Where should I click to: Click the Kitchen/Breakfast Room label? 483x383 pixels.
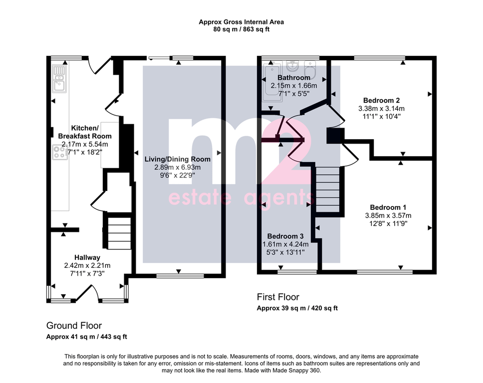pos(85,132)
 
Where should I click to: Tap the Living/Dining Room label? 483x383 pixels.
pos(178,159)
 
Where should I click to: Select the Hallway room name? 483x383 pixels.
pos(87,257)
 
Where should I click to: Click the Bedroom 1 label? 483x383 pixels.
pos(388,207)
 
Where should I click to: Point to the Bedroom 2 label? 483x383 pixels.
pos(381,100)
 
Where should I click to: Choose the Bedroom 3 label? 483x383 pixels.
pos(285,236)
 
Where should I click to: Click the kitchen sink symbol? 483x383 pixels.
pos(59,79)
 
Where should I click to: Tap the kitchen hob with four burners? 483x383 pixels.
pos(60,152)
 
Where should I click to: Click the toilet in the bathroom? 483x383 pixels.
pos(310,69)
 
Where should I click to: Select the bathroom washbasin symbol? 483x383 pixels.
pos(292,65)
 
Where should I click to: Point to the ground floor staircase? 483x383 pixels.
pos(119,233)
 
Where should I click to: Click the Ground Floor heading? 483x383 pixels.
pos(74,326)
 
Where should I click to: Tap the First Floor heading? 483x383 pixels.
pos(278,297)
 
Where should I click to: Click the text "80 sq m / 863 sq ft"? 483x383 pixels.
pos(241,29)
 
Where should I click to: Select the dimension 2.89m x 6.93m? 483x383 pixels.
pos(178,168)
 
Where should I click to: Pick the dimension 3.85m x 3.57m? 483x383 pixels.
pos(388,215)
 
